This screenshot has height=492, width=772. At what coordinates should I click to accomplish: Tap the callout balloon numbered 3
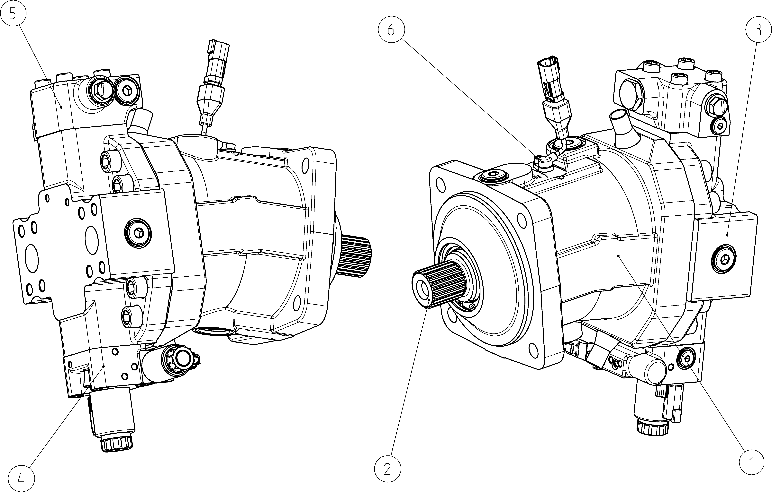(758, 30)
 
